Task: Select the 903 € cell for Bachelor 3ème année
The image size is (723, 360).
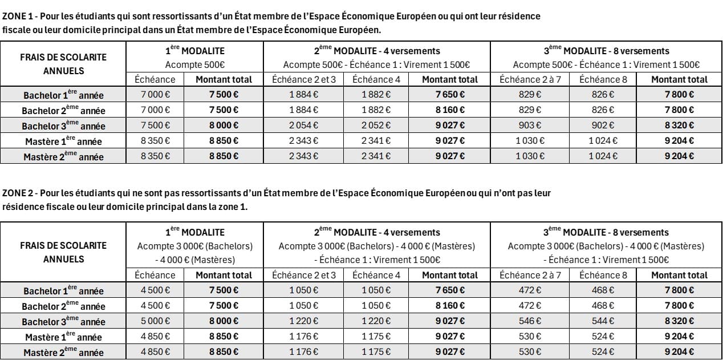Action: click(530, 126)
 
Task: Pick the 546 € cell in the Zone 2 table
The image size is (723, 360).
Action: click(530, 321)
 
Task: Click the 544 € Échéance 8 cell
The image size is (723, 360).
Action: click(603, 321)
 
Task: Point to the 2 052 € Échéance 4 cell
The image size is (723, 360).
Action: click(376, 126)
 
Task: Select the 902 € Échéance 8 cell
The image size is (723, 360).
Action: click(603, 126)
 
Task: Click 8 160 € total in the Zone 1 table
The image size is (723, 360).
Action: click(450, 110)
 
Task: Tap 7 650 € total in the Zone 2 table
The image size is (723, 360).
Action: click(450, 290)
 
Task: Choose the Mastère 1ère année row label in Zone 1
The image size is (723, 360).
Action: click(63, 141)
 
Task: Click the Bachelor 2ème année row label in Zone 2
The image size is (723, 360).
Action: click(63, 306)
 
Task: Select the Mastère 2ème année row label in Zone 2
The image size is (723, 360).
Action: click(63, 352)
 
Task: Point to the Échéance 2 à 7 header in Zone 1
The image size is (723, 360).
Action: click(530, 79)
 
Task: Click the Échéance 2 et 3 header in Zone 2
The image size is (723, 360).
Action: click(303, 275)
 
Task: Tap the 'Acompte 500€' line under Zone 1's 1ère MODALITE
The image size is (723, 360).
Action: click(194, 64)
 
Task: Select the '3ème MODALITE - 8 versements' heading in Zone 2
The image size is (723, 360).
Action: click(606, 232)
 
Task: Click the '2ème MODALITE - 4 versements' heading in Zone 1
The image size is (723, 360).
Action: click(377, 51)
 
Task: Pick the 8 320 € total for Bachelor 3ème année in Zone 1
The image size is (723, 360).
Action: click(679, 126)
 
